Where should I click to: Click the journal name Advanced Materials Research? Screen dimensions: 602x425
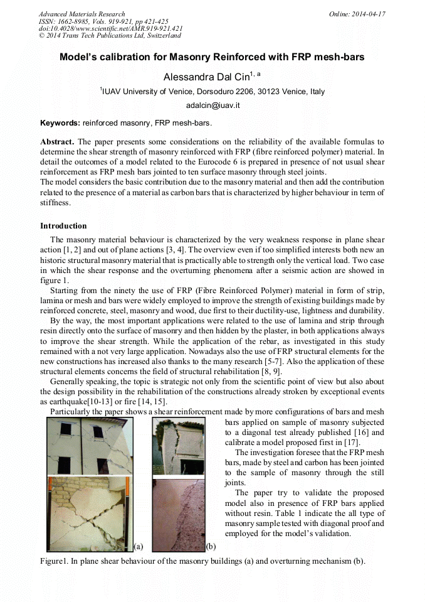pyautogui.click(x=81, y=14)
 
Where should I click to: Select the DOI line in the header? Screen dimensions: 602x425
pyautogui.click(x=110, y=28)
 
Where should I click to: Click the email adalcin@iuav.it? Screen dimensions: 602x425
pyautogui.click(x=212, y=105)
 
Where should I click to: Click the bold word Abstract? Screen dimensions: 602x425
pyautogui.click(x=56, y=142)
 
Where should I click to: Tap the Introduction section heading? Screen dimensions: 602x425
pyautogui.click(x=63, y=225)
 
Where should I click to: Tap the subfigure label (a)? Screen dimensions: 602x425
pyautogui.click(x=139, y=546)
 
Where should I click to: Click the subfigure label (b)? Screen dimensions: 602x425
pyautogui.click(x=211, y=546)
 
